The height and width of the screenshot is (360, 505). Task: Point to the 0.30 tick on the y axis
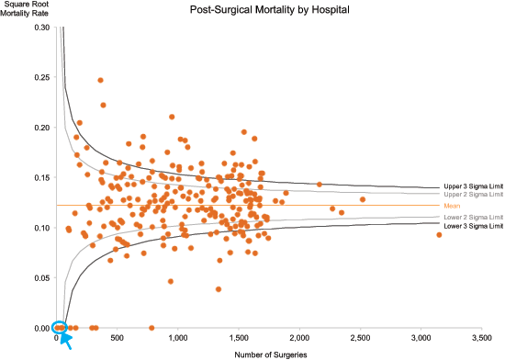[x=42, y=28]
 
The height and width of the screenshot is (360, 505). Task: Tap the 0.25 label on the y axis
[x=42, y=77]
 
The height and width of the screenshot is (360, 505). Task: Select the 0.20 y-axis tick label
[x=42, y=128]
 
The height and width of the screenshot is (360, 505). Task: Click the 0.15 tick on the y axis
[x=42, y=177]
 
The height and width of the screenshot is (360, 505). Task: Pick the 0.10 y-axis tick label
[x=42, y=228]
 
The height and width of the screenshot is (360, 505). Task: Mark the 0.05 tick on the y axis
[x=42, y=277]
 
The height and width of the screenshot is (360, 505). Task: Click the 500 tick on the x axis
[x=118, y=338]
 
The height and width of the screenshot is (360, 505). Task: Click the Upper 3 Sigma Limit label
[x=473, y=186]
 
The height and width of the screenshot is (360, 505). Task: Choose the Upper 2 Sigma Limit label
[x=473, y=195]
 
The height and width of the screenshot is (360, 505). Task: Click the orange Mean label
[x=452, y=207]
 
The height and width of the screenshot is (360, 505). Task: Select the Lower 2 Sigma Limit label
[x=473, y=217]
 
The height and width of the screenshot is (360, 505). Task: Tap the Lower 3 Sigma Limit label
[x=473, y=226]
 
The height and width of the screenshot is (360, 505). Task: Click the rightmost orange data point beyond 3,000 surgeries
[x=439, y=235]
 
